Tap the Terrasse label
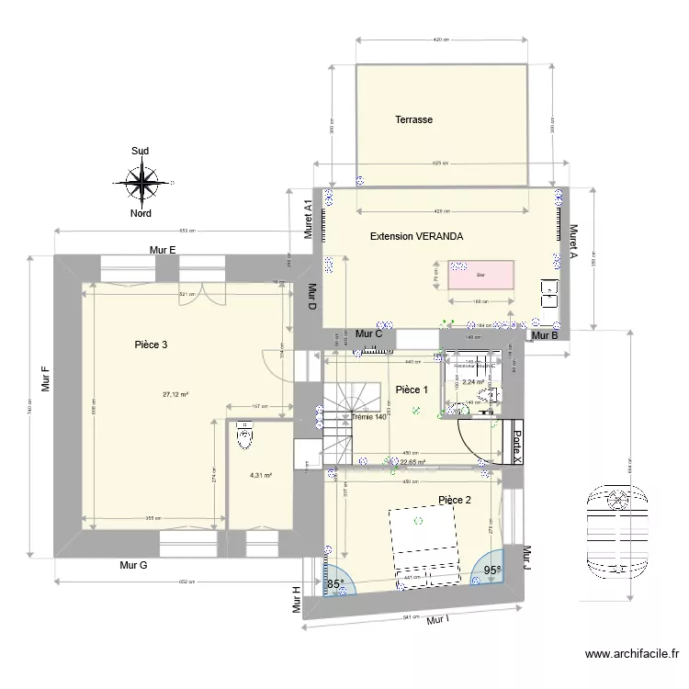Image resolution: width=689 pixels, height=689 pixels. point(413,119)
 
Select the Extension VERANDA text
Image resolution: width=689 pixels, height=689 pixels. point(416,237)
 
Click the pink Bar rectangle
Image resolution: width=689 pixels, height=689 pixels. point(480,274)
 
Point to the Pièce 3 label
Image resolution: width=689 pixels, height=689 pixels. point(151,345)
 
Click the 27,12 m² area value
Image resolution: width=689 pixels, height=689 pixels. point(175,395)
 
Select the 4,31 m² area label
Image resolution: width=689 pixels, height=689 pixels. point(262,476)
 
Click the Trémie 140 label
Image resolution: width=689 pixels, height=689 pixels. point(368,416)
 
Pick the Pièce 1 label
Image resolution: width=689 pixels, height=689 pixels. point(412,390)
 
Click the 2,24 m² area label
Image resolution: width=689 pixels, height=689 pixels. point(473,382)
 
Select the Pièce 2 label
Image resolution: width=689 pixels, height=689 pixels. point(455,501)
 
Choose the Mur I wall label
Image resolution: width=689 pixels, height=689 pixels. point(438,620)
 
